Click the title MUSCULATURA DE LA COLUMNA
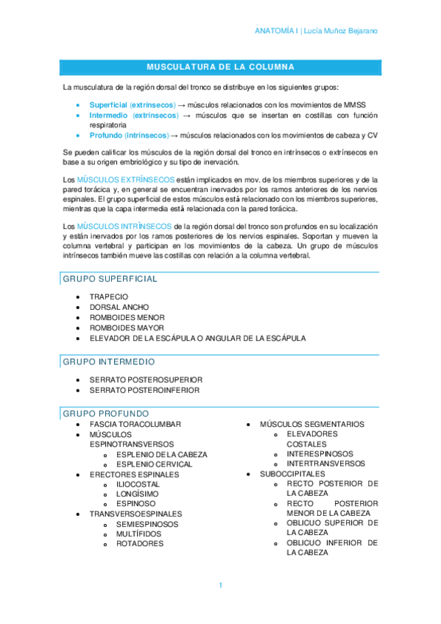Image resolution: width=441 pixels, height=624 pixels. pos(220,67)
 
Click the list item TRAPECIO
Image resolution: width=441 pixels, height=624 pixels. pos(108,297)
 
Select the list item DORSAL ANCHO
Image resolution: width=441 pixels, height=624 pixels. pos(119,307)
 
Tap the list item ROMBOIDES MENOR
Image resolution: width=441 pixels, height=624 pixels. pos(127,317)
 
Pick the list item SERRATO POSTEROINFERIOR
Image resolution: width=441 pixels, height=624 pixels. pos(144,390)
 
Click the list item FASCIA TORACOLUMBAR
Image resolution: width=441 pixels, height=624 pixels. pos(135,425)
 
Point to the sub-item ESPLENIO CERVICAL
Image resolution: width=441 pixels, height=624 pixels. pos(154,464)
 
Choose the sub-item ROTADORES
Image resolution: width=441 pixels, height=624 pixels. pos(139,544)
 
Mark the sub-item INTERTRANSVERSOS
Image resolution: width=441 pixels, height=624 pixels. pos(325,464)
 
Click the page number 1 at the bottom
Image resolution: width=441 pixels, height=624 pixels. pos(220,585)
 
